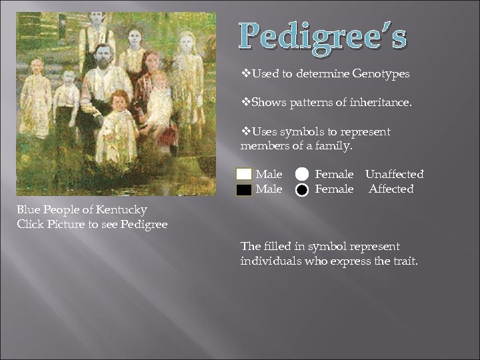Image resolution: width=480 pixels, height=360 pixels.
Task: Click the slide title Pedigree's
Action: [x=323, y=37]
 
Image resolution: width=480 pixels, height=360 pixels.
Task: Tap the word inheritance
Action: [x=381, y=103]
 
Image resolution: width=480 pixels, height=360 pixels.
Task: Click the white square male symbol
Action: [x=244, y=175]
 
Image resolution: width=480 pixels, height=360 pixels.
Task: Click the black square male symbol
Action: [x=244, y=189]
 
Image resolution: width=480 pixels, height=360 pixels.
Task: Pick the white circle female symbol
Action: [x=302, y=175]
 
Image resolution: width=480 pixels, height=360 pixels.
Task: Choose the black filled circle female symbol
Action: [x=302, y=189]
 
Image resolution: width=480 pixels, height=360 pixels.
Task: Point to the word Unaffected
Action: [x=394, y=175]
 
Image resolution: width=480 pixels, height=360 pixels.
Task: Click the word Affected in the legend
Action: [x=391, y=189]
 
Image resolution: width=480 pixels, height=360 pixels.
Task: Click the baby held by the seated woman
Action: [x=160, y=97]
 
